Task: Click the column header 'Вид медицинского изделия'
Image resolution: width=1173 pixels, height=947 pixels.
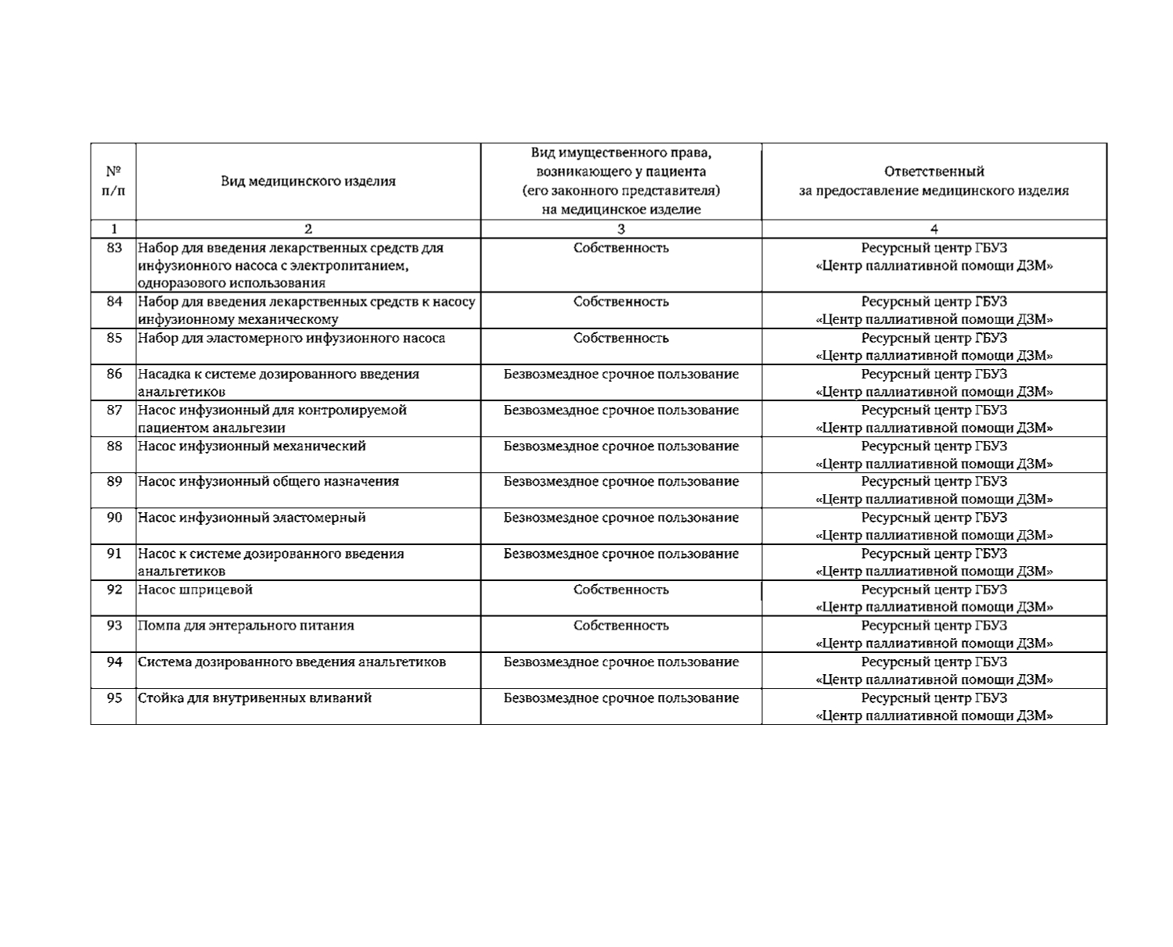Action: coord(308,181)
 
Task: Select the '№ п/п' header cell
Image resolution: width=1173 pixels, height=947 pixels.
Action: coord(113,181)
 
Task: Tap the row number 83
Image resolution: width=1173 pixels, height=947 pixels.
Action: coord(114,248)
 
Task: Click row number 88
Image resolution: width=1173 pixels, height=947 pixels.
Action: coord(114,446)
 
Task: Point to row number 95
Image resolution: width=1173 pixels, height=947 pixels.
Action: coord(114,698)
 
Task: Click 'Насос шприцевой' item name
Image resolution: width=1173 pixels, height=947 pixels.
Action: coord(195,590)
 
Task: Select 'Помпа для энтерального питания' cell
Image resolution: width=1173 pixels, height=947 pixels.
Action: coord(246,626)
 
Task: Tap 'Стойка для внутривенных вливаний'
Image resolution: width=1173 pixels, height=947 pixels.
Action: coord(254,698)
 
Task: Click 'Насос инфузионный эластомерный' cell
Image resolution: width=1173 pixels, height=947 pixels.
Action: coord(251,518)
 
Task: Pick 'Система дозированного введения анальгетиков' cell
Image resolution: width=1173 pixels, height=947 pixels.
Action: coord(292,662)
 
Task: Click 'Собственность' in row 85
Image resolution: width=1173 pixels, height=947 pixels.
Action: coord(621,338)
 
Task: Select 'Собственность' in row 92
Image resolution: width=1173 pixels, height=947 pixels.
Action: coord(621,590)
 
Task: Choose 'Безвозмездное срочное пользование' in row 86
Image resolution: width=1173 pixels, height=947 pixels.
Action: coord(621,374)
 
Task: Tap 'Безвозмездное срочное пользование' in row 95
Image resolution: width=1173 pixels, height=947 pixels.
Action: coord(621,698)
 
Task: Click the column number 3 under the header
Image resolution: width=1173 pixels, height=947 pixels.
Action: coord(621,229)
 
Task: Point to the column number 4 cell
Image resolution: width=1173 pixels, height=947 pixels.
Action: coord(934,229)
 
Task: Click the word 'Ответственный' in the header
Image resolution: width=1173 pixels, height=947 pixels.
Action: coord(934,171)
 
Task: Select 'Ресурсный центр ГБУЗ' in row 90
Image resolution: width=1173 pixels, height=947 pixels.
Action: coord(934,518)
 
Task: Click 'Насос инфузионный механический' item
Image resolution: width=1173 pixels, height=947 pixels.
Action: coord(251,446)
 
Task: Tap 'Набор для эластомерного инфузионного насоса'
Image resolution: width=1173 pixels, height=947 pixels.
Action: coord(291,338)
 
